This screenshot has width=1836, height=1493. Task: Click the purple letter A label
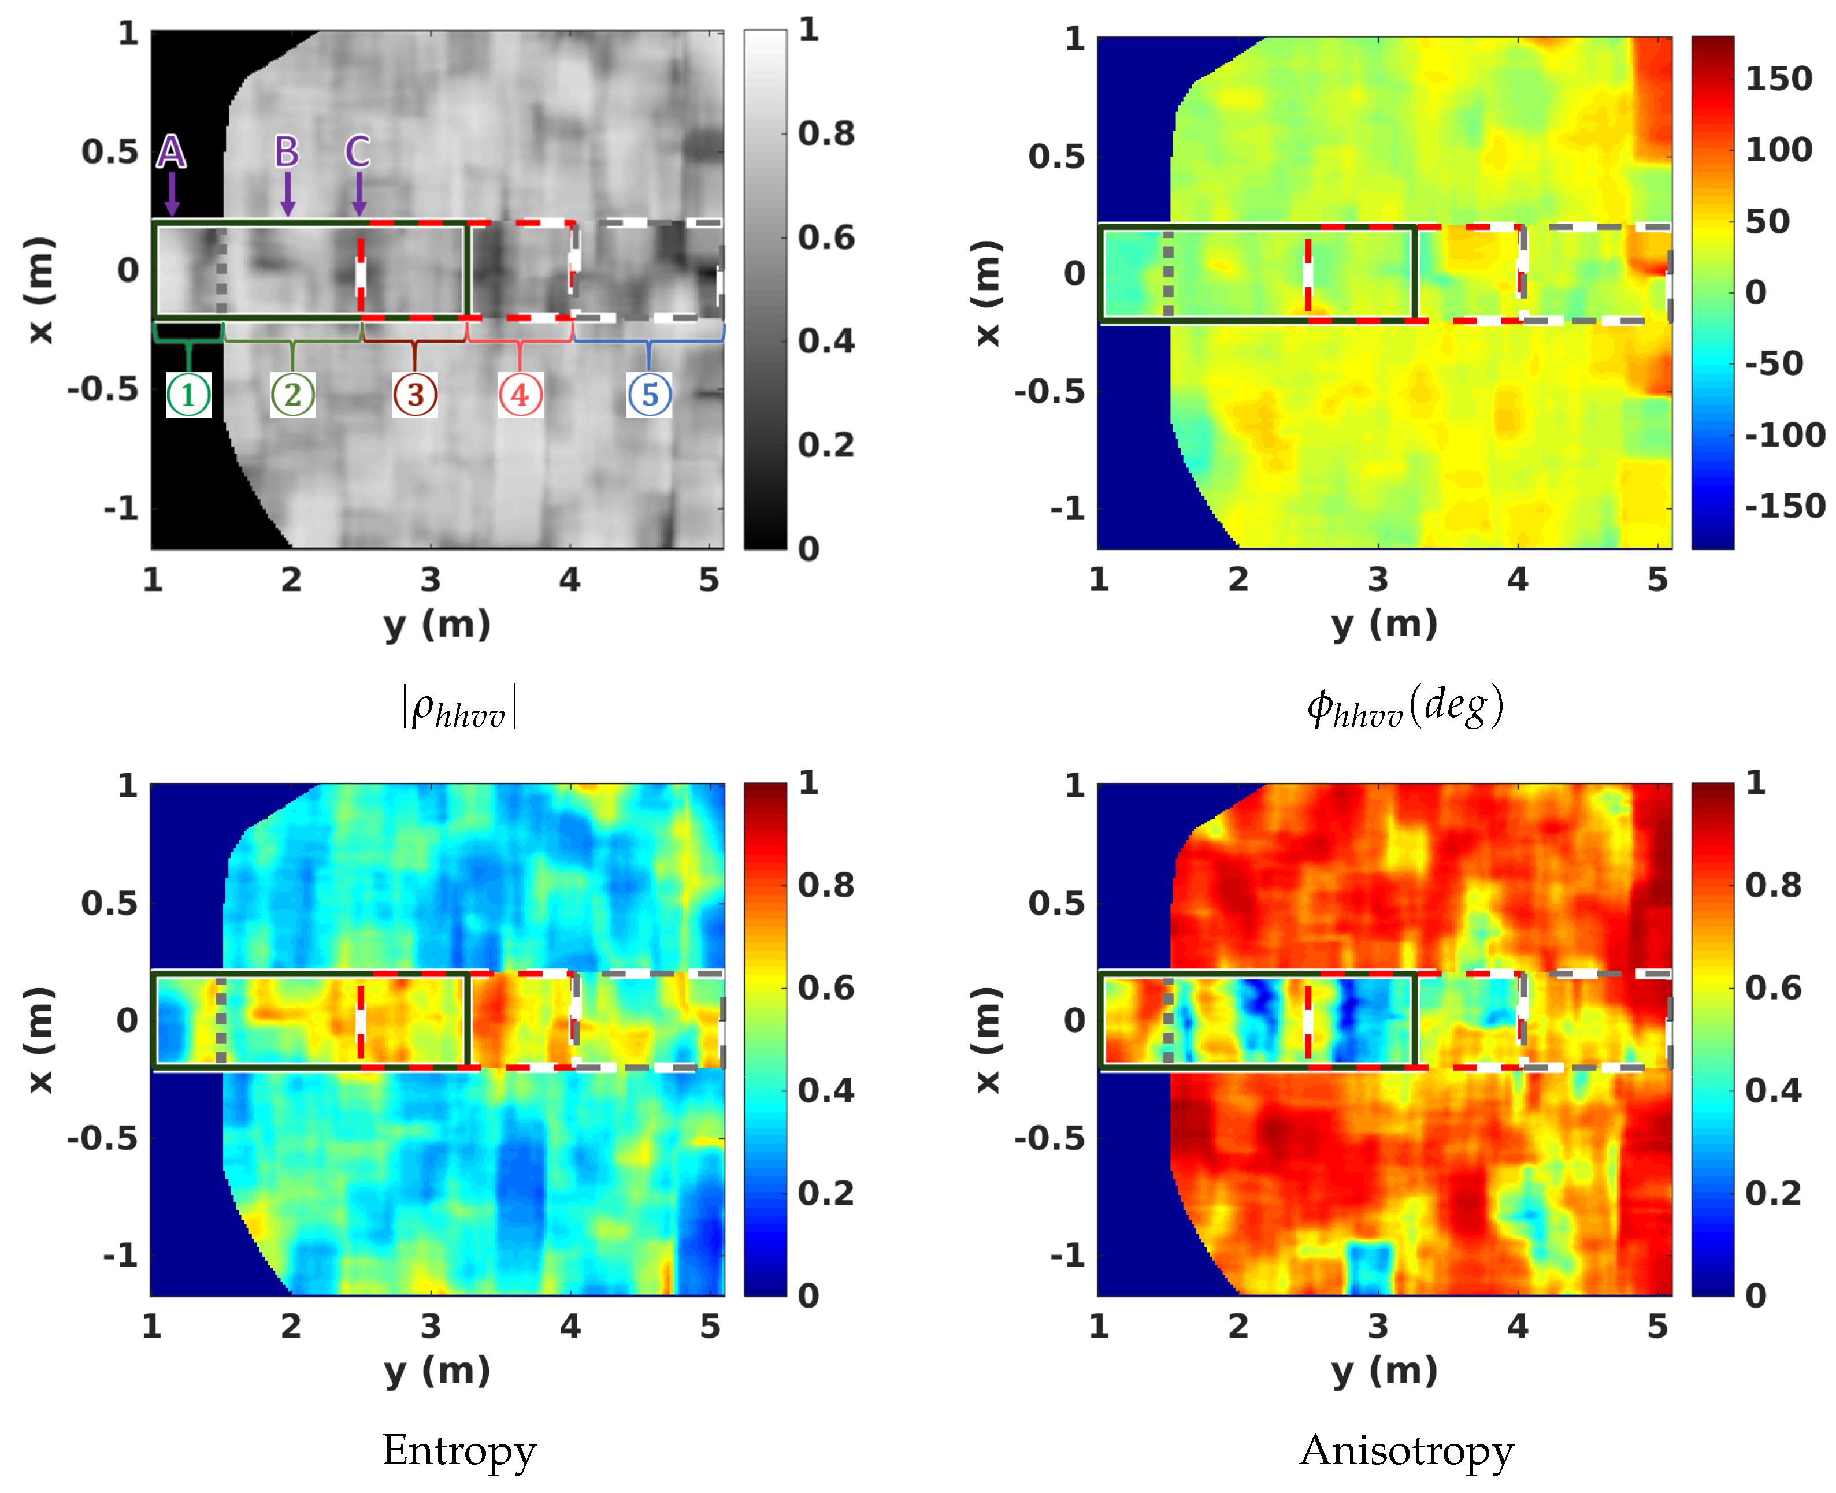[171, 151]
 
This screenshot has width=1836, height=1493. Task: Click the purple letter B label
[287, 151]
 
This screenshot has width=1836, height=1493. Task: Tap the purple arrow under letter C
[359, 194]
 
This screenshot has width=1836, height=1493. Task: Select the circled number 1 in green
[188, 395]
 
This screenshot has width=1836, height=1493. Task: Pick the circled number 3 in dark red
[416, 395]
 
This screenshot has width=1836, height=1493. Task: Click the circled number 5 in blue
[649, 395]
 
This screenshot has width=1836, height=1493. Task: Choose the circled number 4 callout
[520, 395]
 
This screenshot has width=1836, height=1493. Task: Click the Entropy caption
[459, 1451]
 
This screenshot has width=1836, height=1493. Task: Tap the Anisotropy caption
[1406, 1451]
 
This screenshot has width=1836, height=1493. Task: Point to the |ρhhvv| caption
[459, 707]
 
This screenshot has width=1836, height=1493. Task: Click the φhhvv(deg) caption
[1405, 707]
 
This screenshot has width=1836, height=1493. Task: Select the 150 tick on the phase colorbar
[1778, 79]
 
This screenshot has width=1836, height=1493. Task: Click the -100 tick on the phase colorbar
[1785, 435]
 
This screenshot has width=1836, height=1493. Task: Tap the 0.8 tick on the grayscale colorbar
[826, 133]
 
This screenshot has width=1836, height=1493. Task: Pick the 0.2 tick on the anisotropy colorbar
[1772, 1193]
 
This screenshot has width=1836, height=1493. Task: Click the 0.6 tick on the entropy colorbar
[826, 987]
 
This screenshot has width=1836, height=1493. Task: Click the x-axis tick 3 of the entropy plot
[431, 1326]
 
